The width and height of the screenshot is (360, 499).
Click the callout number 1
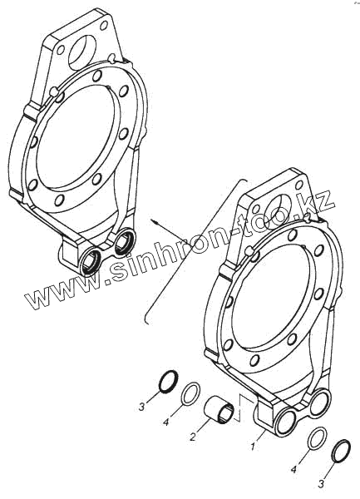pyautogui.click(x=252, y=447)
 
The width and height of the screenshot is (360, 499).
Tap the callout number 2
pyautogui.click(x=193, y=437)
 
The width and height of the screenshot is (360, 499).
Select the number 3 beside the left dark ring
pyautogui.click(x=141, y=407)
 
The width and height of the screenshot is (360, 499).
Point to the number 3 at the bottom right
pyautogui.click(x=321, y=484)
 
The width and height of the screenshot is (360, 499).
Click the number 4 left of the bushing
pyautogui.click(x=165, y=422)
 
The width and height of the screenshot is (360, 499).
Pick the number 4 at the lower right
pyautogui.click(x=294, y=469)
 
